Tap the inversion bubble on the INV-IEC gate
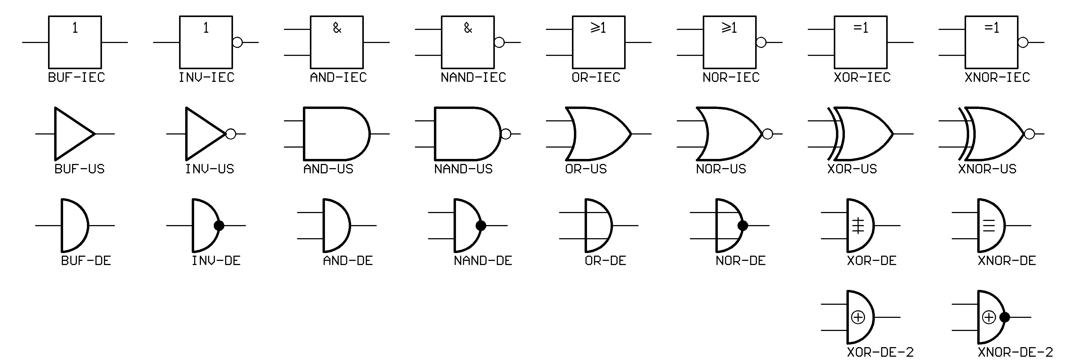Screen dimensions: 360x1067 click(x=237, y=42)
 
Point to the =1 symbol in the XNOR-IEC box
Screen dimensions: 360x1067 click(x=992, y=28)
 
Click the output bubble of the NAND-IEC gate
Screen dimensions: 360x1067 click(x=499, y=42)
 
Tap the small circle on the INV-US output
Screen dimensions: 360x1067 click(x=231, y=134)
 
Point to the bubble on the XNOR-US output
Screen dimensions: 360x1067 click(x=1029, y=134)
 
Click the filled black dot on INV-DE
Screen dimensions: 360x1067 click(x=219, y=225)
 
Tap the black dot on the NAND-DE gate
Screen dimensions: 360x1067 click(x=481, y=225)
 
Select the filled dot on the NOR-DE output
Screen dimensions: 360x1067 click(x=743, y=225)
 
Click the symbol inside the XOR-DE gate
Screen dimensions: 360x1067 click(x=858, y=225)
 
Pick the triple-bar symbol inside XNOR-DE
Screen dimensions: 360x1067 click(x=989, y=225)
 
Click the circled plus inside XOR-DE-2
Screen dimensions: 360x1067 click(x=858, y=317)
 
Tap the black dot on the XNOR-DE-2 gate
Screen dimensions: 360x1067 click(x=1005, y=317)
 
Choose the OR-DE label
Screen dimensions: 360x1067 click(x=606, y=261)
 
